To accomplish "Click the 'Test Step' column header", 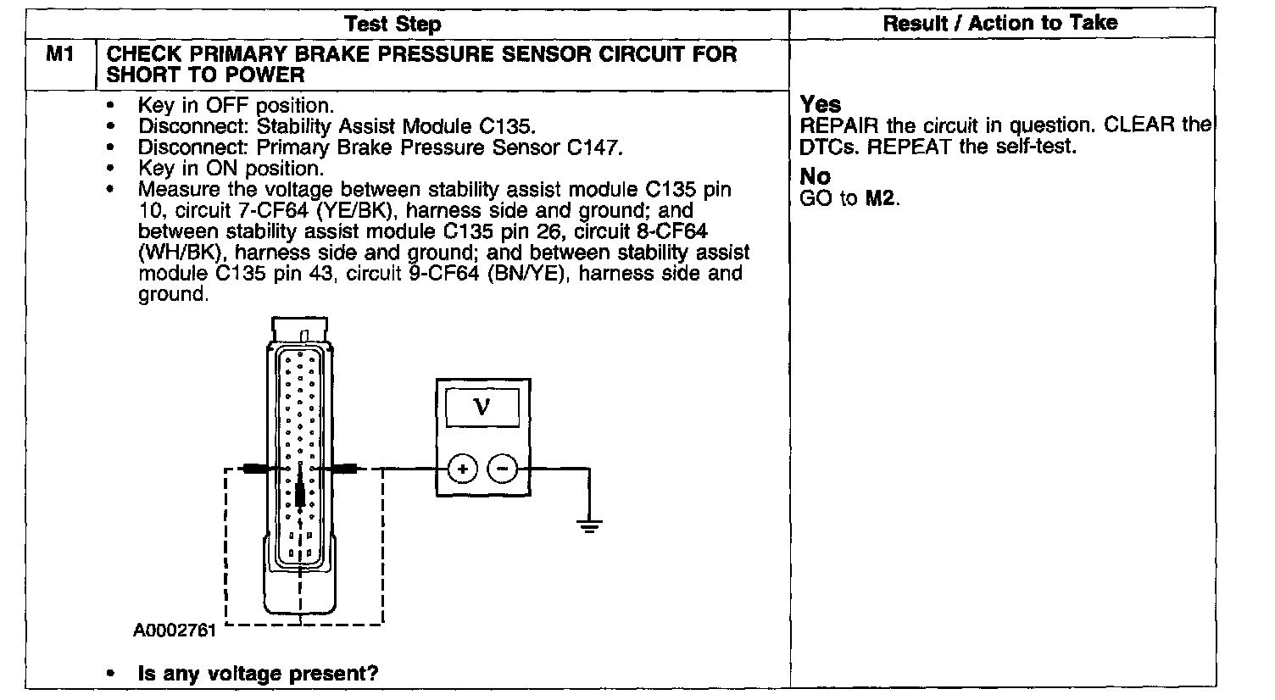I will click(x=393, y=24).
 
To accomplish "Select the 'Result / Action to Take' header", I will click(x=1000, y=23).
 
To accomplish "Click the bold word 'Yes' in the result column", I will click(x=821, y=105).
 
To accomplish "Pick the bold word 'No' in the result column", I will click(x=816, y=177).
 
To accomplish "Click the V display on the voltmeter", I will click(x=482, y=408).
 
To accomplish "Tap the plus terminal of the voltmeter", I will click(x=463, y=468).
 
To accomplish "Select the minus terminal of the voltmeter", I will click(x=503, y=468).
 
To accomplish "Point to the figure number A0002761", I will click(x=175, y=631).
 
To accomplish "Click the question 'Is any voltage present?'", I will click(x=258, y=674).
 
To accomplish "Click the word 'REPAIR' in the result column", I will click(x=840, y=126).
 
